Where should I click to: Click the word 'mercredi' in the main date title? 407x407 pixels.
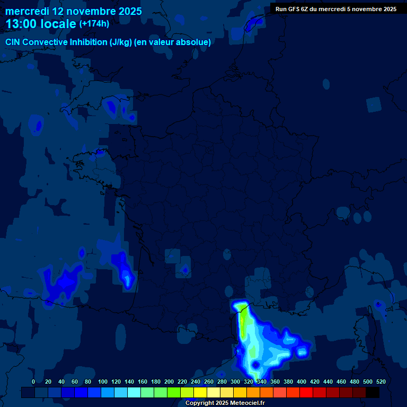pyautogui.click(x=26, y=11)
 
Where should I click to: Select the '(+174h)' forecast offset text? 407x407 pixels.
pyautogui.click(x=94, y=24)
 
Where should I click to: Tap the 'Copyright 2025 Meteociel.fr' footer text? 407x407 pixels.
pyautogui.click(x=225, y=403)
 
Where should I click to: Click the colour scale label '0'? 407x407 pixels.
pyautogui.click(x=33, y=382)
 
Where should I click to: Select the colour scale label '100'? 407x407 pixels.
pyautogui.click(x=102, y=382)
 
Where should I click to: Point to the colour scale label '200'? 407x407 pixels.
pyautogui.click(x=169, y=382)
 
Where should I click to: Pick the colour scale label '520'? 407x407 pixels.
pyautogui.click(x=381, y=382)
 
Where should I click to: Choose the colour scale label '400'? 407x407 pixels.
pyautogui.click(x=302, y=382)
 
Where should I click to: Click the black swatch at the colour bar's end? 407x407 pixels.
pyautogui.click(x=373, y=392)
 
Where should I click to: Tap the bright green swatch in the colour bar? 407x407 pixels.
pyautogui.click(x=174, y=392)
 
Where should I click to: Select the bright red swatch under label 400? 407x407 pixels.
pyautogui.click(x=306, y=392)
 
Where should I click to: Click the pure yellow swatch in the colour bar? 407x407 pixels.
pyautogui.click(x=200, y=392)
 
